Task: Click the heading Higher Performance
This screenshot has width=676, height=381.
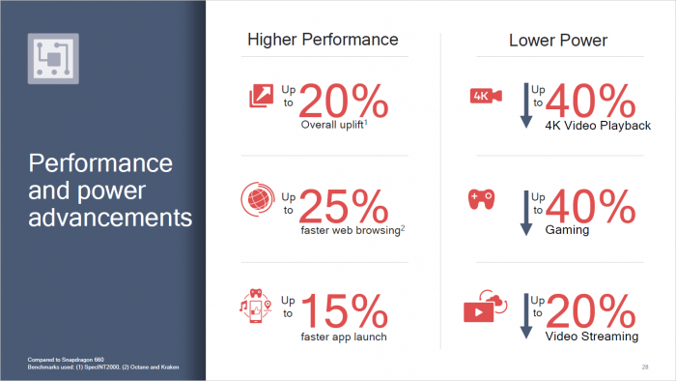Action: pos(323,40)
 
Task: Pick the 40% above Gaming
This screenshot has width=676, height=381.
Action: pos(591,205)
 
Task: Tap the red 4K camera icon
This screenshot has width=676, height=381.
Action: pos(482,96)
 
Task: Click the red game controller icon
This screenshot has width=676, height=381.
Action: pos(481,198)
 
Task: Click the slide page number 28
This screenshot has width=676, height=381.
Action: pos(644,366)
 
